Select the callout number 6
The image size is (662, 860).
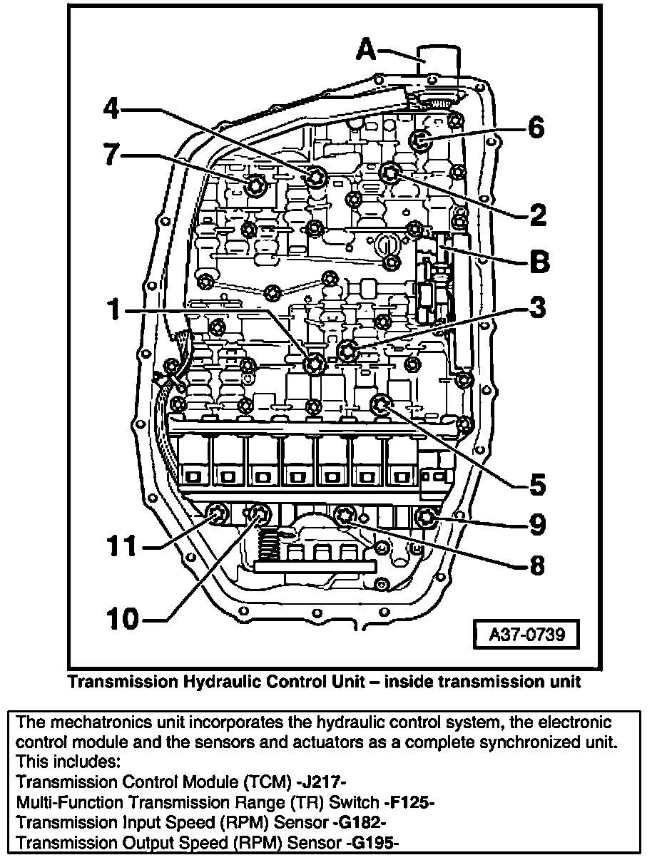[536, 128]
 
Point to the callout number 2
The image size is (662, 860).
[536, 213]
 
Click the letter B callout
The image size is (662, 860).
[539, 262]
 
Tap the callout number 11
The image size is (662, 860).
[121, 547]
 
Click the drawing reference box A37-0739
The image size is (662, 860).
[526, 634]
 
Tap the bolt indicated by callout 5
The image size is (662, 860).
[380, 406]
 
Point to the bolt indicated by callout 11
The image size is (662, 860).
[215, 513]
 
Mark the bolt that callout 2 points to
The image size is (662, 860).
[389, 172]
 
